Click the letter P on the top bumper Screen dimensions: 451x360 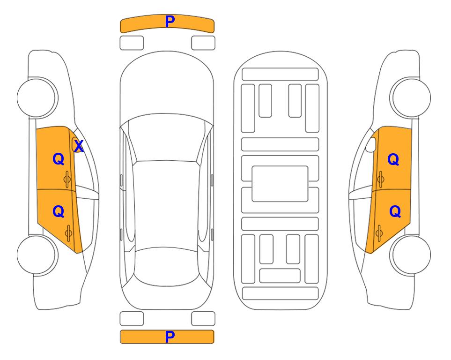(x=170, y=22)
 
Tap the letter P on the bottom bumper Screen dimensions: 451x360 (x=170, y=337)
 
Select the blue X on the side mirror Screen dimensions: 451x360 (x=79, y=146)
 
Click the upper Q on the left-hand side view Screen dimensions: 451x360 (x=59, y=159)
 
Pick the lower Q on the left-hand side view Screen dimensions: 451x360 (x=59, y=212)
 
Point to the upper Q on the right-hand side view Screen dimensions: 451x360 (x=393, y=159)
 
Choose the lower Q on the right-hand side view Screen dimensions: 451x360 (x=395, y=212)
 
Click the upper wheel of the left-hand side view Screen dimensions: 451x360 (x=37, y=97)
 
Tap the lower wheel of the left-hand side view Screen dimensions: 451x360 (x=37, y=255)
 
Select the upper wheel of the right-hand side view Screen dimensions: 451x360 (x=410, y=97)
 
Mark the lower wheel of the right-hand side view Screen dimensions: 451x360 (x=410, y=255)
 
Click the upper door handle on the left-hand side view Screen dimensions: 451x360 (x=67, y=179)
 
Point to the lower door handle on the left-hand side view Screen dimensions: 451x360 (x=68, y=233)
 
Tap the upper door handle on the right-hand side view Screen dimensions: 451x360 (x=381, y=179)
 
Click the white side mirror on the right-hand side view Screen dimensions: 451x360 (x=370, y=144)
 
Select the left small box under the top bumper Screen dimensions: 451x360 (x=132, y=43)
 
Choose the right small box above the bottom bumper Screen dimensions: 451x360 (x=203, y=319)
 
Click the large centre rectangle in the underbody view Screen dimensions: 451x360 (x=280, y=184)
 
